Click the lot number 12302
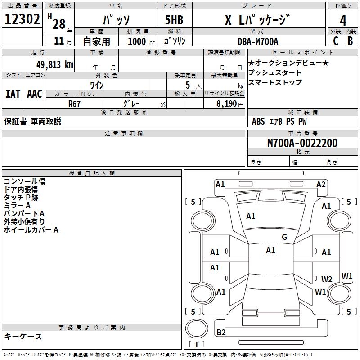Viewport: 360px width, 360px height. [22, 19]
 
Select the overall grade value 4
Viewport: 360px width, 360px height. [343, 21]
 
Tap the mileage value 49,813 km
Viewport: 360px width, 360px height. [49, 64]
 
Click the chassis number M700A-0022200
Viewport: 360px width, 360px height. [302, 143]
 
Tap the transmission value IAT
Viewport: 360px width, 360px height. [13, 94]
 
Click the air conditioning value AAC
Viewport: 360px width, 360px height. [34, 94]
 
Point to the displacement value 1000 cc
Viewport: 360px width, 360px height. [139, 41]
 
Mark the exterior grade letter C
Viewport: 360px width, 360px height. [336, 41]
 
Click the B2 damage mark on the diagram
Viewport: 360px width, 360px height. [221, 333]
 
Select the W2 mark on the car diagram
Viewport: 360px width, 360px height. [326, 279]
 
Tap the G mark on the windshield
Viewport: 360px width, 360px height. [284, 237]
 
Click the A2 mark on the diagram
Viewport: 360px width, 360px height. [321, 184]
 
